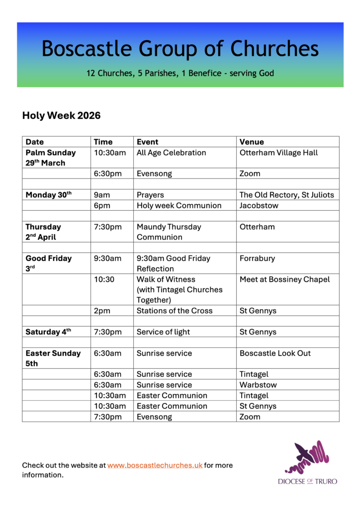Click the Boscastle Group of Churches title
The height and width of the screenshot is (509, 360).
tap(180, 49)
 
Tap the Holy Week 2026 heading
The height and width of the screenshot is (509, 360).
tap(61, 116)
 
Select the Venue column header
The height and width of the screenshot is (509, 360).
tap(252, 142)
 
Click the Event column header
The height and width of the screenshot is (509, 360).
tap(148, 142)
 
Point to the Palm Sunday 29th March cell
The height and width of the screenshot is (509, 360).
tap(51, 158)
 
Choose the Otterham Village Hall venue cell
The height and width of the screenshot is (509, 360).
tap(278, 153)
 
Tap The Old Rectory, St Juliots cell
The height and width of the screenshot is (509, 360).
tap(286, 195)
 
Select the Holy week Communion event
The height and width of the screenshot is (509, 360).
tap(179, 205)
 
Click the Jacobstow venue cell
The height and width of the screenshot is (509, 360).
tap(259, 205)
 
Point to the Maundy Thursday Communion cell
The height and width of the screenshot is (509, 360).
tap(169, 232)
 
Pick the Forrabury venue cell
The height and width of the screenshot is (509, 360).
tap(257, 258)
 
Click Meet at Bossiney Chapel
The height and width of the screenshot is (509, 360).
tap(284, 279)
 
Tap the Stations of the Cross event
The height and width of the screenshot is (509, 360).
tap(175, 311)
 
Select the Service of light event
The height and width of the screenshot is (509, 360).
tap(163, 332)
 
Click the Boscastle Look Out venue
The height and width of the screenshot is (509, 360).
tap(275, 353)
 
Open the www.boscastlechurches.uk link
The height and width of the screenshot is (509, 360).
tap(155, 465)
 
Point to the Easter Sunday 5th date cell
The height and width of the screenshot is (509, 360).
tap(53, 358)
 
